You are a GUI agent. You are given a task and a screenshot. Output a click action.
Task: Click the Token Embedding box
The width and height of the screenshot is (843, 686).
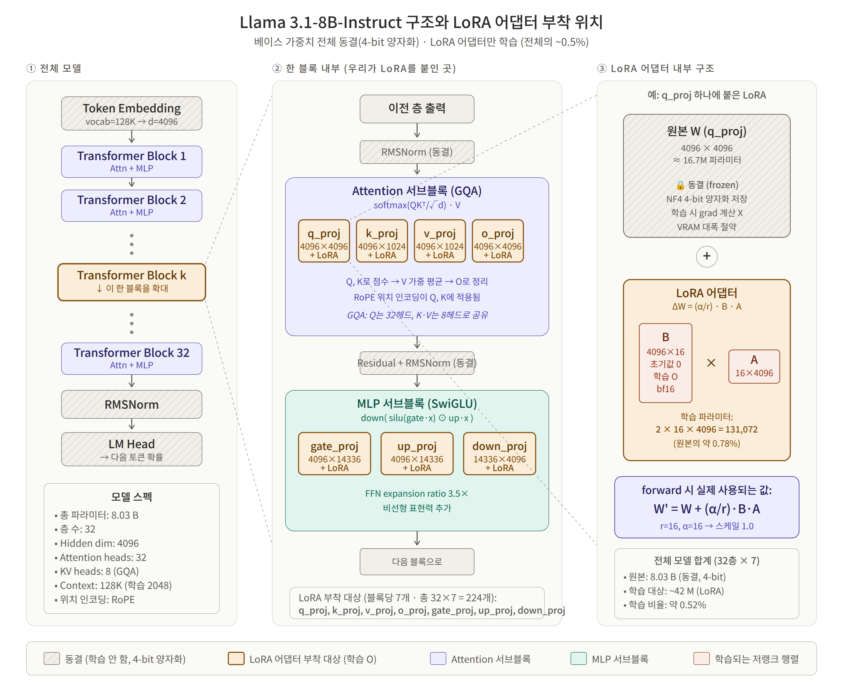coord(132,113)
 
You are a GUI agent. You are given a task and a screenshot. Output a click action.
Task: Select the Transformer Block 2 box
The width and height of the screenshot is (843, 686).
coord(132,206)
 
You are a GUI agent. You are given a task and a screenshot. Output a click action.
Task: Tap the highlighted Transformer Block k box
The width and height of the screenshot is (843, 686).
coord(132,282)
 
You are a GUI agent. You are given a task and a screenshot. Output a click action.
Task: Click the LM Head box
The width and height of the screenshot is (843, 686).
coord(132,449)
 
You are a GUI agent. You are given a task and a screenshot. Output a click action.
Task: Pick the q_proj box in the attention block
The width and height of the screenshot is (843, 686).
coord(324,241)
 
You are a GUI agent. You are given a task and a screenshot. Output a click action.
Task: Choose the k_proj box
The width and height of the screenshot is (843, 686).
coord(382,241)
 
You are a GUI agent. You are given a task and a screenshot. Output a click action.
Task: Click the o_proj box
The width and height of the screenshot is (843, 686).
coord(498,241)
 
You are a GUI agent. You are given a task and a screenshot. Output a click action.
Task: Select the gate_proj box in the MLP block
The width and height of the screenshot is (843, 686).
coord(334,454)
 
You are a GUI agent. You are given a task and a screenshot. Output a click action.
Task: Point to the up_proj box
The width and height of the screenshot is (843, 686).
coord(417,454)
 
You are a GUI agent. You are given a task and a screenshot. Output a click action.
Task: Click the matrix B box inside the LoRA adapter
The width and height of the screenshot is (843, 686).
coord(665,363)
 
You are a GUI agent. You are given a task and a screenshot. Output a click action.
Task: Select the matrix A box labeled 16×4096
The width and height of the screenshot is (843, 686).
coord(754,366)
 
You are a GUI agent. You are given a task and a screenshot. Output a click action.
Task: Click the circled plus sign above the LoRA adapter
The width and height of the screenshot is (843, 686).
coord(706,256)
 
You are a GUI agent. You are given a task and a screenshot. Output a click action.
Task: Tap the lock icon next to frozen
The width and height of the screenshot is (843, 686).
coord(680,185)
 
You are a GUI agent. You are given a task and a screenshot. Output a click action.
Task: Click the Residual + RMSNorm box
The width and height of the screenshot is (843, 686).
coord(417,363)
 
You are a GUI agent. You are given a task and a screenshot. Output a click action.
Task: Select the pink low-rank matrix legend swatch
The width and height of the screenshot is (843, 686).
coord(701,659)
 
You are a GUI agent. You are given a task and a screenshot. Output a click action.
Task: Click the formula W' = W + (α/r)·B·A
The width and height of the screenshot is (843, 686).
coord(706,508)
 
